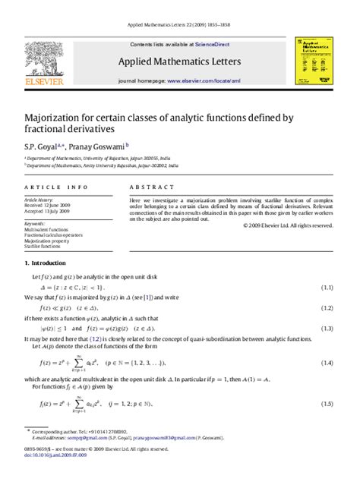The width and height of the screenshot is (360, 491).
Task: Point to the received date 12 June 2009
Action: [x=55, y=205]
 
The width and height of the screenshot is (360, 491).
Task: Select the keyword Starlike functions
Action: [x=43, y=247]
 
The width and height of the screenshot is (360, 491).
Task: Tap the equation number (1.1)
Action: [x=327, y=288]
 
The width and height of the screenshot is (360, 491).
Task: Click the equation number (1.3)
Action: [x=327, y=329]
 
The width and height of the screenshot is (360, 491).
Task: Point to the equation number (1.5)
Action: [x=327, y=404]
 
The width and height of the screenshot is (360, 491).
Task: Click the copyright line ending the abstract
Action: [x=288, y=225]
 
